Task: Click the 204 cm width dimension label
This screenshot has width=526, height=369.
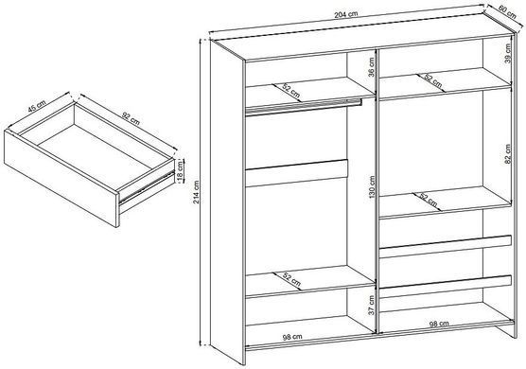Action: coord(346,14)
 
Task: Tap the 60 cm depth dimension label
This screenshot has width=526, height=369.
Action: coord(507,12)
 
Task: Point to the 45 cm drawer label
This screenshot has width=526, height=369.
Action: coord(37,106)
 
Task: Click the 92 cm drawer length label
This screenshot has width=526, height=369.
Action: coord(131,119)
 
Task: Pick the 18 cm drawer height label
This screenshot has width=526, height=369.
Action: coord(180,170)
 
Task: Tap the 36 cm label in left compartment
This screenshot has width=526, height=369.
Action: coord(372,67)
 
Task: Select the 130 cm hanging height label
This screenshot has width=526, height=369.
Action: coord(372,186)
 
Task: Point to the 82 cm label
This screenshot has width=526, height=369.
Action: coord(507,154)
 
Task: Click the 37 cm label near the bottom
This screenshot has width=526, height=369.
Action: coord(371,306)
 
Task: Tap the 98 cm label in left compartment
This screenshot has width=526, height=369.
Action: coord(292,337)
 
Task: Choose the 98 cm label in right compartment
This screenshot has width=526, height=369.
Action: coord(439,324)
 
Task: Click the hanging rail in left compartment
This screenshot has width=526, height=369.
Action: coord(304,107)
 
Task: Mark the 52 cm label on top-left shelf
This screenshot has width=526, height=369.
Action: coord(290,91)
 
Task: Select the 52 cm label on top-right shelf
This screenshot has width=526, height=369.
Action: coord(432,81)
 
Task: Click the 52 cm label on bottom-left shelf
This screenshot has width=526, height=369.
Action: coord(291,279)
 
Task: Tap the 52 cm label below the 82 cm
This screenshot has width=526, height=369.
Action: coord(428,200)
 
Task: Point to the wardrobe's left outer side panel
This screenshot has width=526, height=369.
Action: coord(227,202)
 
